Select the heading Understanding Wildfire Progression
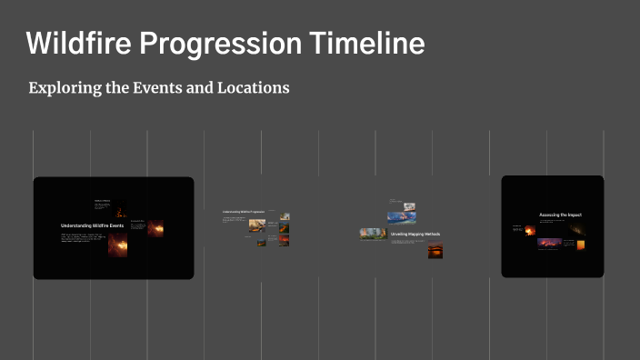(x=243, y=211)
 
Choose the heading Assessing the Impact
(x=560, y=215)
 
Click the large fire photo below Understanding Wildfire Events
(x=118, y=244)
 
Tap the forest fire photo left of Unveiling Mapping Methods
(x=373, y=234)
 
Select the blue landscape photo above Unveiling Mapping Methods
(x=402, y=218)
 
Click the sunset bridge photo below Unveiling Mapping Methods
(x=435, y=252)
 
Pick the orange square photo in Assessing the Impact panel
(x=580, y=244)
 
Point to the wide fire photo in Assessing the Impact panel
(x=550, y=244)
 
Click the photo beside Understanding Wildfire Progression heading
(x=285, y=216)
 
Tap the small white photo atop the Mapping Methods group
(x=409, y=206)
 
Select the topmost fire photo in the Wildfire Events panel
(x=120, y=208)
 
